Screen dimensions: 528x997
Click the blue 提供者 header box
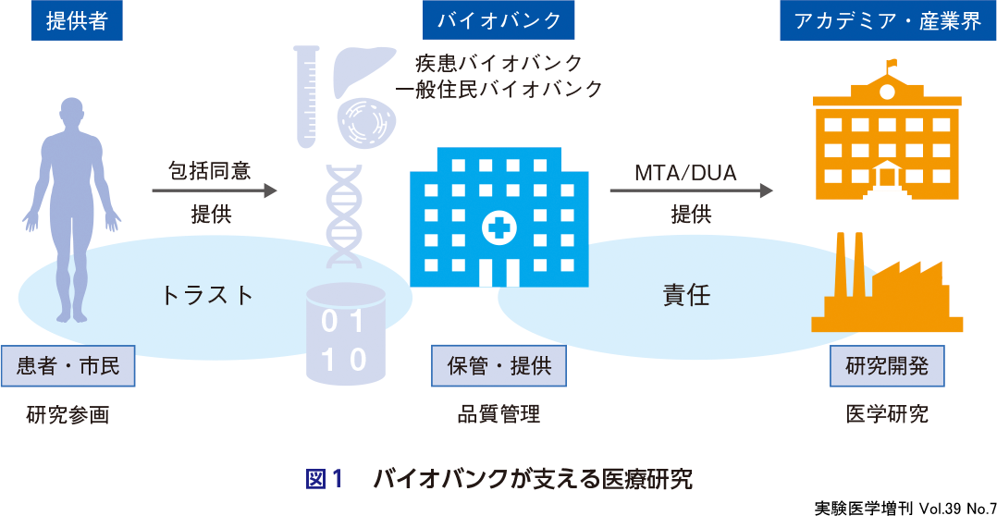click(x=77, y=21)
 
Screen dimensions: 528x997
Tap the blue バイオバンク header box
click(x=498, y=21)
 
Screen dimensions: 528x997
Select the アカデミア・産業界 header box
click(x=887, y=21)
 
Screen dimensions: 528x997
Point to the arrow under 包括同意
click(x=215, y=190)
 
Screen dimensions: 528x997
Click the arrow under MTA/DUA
click(x=691, y=190)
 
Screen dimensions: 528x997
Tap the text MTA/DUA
click(x=685, y=173)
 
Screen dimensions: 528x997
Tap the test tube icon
click(x=305, y=97)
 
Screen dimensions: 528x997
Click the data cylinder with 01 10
click(x=345, y=335)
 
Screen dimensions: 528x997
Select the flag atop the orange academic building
click(x=892, y=65)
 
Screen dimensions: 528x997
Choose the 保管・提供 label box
click(x=498, y=365)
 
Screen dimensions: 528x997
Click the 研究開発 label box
click(x=887, y=365)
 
